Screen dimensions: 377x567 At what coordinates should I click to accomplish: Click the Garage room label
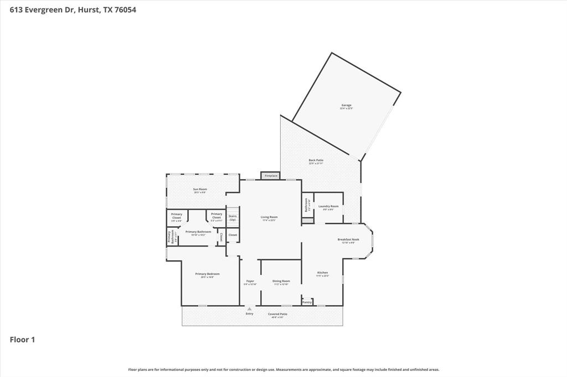tap(346, 106)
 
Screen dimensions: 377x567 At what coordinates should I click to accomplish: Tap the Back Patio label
tap(316, 160)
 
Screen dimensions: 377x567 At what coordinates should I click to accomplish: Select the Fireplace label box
tap(271, 176)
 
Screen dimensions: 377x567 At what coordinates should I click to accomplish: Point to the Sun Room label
tap(200, 190)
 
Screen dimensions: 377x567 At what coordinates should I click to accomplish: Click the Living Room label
tap(269, 217)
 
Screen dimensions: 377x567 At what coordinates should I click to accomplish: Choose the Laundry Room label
tap(328, 207)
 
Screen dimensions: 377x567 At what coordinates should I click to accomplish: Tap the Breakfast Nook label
tap(348, 239)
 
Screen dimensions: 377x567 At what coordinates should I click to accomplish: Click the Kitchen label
tap(322, 273)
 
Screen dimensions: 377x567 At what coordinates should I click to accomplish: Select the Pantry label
tap(307, 302)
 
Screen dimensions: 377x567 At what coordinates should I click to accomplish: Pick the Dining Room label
tap(281, 281)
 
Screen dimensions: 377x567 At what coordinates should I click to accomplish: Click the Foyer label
tap(250, 281)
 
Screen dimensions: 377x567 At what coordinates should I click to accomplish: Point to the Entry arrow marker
tap(250, 308)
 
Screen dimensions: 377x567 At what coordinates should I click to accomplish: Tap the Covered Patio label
tap(277, 314)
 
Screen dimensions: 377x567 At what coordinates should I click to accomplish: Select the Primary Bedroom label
tap(207, 274)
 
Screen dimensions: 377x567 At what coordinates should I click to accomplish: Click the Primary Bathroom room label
tap(198, 232)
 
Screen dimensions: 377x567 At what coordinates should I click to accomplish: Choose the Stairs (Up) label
tap(233, 218)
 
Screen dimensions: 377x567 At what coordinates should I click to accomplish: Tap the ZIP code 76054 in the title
tap(125, 9)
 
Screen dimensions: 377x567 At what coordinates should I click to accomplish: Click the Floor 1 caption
tap(22, 340)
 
